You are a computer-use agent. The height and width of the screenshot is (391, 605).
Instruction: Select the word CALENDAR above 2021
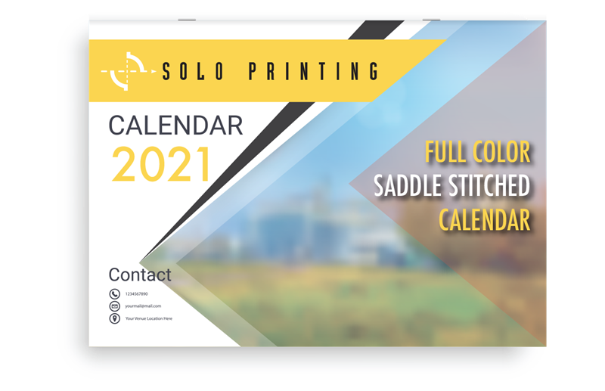(175, 125)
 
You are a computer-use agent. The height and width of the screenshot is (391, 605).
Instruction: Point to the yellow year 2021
(161, 164)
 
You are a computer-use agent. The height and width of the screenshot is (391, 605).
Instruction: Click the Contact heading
(140, 275)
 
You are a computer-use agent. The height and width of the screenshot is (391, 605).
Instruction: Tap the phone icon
(114, 293)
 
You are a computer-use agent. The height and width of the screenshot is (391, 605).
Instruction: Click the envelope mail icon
(114, 306)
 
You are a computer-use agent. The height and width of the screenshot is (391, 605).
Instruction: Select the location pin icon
(114, 318)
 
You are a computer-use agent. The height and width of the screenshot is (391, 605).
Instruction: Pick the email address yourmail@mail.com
(143, 306)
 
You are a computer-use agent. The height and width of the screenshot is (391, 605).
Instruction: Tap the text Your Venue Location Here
(149, 318)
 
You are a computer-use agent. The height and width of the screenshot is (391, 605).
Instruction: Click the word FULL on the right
(446, 153)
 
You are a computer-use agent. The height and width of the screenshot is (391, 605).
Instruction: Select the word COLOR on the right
(500, 153)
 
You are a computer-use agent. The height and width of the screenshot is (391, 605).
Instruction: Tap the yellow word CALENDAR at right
(485, 220)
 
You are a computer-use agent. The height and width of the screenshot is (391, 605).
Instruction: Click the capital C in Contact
(114, 275)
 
